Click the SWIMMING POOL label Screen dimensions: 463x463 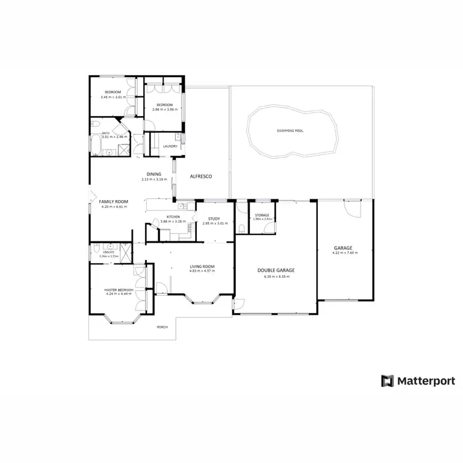291,131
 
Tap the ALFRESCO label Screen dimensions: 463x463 201,177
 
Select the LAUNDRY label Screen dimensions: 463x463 170,146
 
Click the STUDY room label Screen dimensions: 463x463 214,219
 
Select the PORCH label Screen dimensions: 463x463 162,327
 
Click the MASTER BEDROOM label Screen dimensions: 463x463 119,290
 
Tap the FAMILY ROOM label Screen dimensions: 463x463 113,202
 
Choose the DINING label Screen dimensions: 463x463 154,174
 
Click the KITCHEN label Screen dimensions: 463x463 173,217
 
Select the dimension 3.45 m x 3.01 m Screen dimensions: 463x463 112,97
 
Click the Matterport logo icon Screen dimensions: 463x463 387,380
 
